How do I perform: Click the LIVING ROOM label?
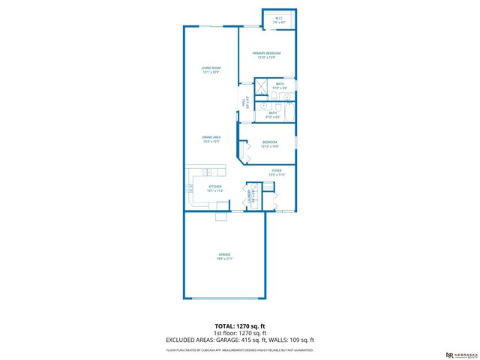click(x=211, y=67)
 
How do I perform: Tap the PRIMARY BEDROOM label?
click(x=266, y=53)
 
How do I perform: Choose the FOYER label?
click(x=276, y=171)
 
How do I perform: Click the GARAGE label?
click(x=225, y=256)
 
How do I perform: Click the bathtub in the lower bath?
click(x=289, y=113)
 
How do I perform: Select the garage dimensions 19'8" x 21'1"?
click(x=225, y=260)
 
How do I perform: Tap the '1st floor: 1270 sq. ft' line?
click(x=239, y=333)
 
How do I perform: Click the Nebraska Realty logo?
click(x=458, y=354)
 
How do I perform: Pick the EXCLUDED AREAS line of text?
click(x=239, y=340)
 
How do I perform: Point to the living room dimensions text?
click(x=211, y=72)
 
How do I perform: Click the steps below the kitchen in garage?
click(x=222, y=217)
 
